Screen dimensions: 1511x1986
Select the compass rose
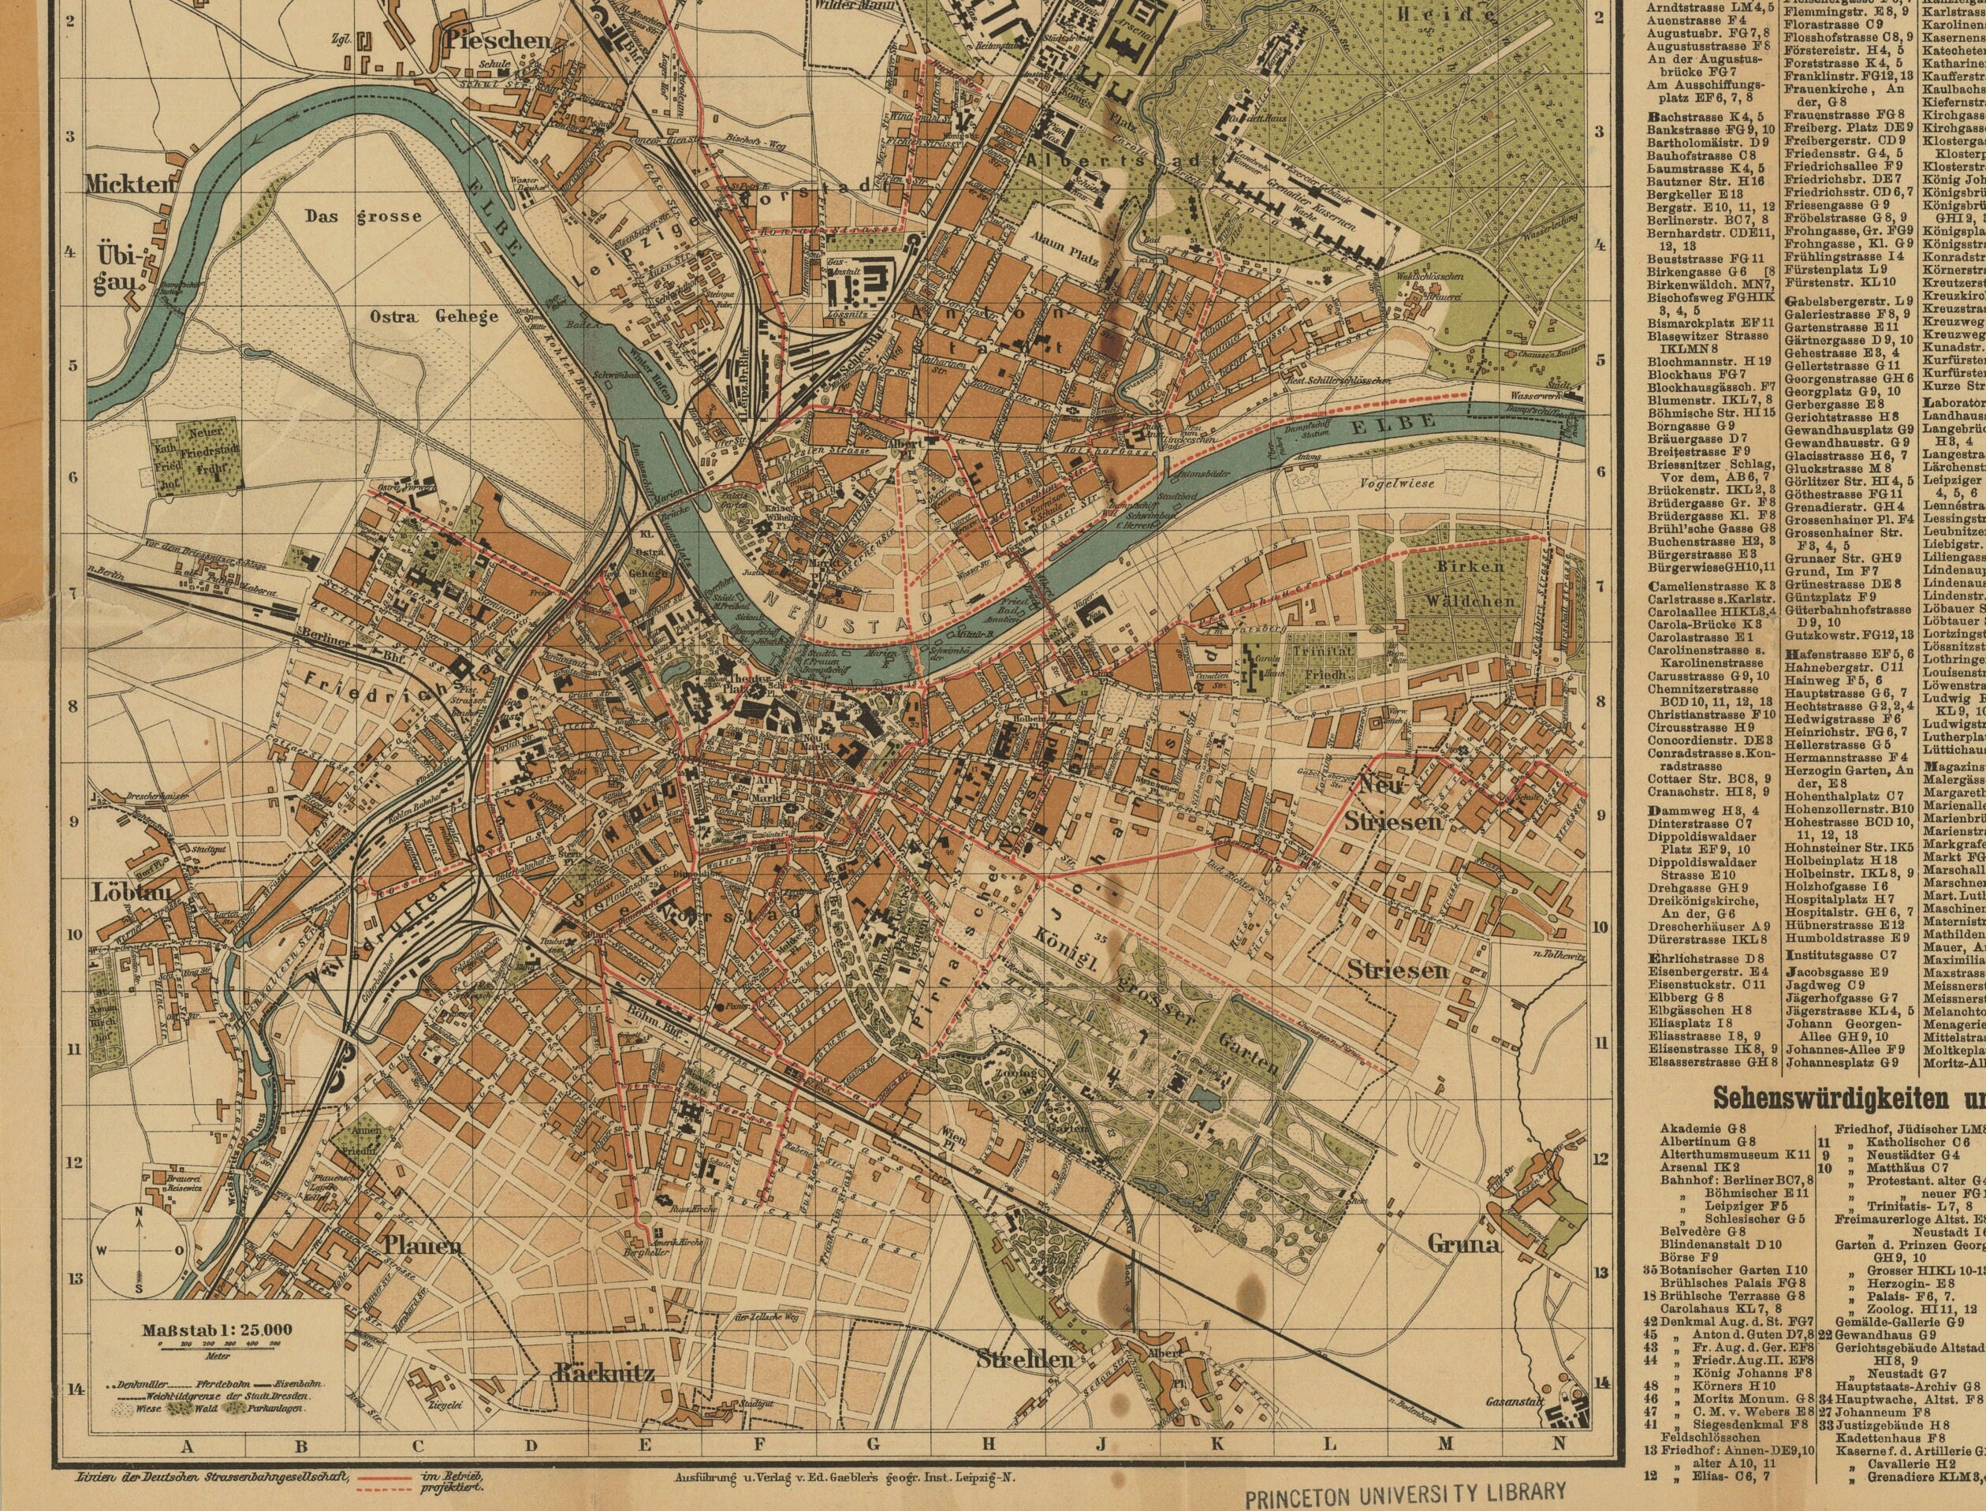tap(140, 1250)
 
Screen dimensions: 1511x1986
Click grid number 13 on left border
tap(73, 1278)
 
